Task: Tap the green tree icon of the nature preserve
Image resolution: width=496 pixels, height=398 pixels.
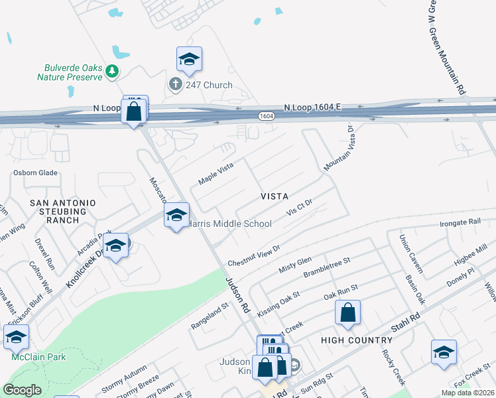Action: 112,70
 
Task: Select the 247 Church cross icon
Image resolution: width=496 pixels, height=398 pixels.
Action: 175,84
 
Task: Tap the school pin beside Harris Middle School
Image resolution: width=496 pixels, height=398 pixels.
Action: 176,216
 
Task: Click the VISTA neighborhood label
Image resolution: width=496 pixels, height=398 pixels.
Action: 274,196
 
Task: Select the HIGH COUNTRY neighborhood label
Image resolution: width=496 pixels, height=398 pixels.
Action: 356,340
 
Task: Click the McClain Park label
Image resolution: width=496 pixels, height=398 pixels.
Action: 29,357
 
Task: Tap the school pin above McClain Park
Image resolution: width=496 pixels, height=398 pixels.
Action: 16,336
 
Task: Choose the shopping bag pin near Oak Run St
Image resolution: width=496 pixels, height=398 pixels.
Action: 347,312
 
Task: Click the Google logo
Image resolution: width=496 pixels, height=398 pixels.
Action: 22,391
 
